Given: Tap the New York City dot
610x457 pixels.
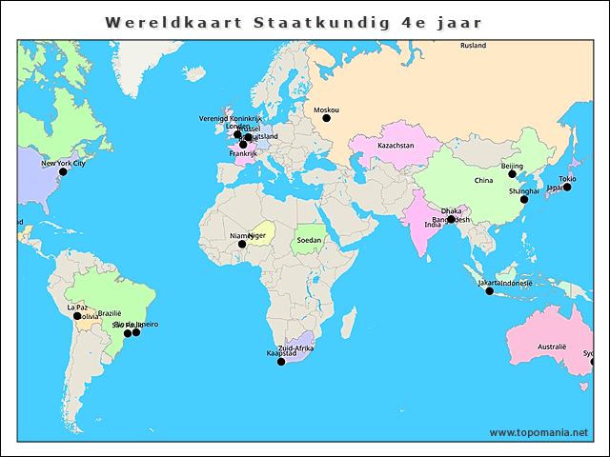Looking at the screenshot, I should [63, 172].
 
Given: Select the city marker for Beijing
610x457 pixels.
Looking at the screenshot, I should [512, 174].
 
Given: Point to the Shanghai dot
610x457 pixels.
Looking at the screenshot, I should [523, 199].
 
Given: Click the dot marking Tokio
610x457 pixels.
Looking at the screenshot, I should [567, 188].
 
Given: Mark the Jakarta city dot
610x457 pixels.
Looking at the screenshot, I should [490, 290].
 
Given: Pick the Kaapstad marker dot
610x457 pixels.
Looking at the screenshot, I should [280, 361].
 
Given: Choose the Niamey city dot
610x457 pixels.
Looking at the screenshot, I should [241, 244].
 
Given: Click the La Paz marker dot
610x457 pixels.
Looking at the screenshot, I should [77, 316].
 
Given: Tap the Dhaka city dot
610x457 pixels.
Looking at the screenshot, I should [451, 219].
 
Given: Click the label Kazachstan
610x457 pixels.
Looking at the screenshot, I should [396, 146].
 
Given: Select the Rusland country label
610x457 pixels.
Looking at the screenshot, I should [473, 46].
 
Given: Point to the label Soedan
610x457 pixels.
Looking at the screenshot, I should [309, 240].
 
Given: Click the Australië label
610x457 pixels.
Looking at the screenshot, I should [552, 347].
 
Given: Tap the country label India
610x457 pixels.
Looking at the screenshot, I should [432, 225].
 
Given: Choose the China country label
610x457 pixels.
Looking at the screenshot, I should [483, 180].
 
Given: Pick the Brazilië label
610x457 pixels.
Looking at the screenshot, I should [110, 313].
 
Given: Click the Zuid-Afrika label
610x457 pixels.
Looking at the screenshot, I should [295, 348].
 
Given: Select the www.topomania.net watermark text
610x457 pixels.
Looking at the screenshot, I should [539, 432].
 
